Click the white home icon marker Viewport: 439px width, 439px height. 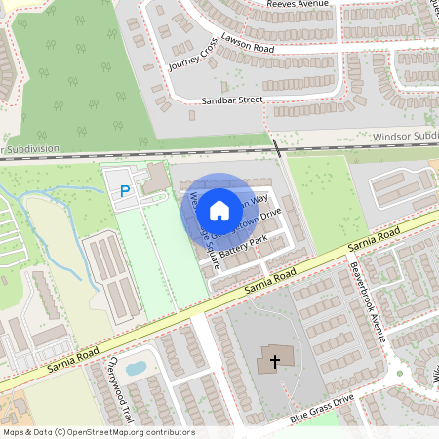click(219, 209)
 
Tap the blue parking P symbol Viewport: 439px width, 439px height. click(124, 192)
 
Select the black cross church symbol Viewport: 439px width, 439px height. click(275, 362)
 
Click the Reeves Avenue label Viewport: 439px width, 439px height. click(298, 5)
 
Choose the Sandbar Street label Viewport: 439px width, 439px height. click(232, 100)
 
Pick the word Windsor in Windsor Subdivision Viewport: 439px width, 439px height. click(392, 138)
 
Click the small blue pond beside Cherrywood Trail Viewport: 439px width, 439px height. click(136, 368)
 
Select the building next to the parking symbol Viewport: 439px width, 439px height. click(155, 178)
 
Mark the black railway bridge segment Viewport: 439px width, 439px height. click(277, 148)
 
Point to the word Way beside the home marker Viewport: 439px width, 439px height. click(259, 199)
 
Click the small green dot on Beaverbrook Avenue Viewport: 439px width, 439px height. click(399, 373)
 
